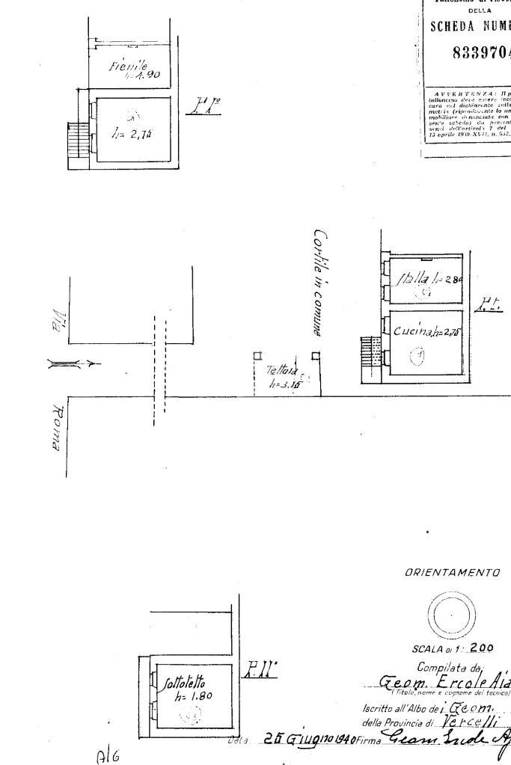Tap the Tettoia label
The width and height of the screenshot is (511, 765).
(x=281, y=370)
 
